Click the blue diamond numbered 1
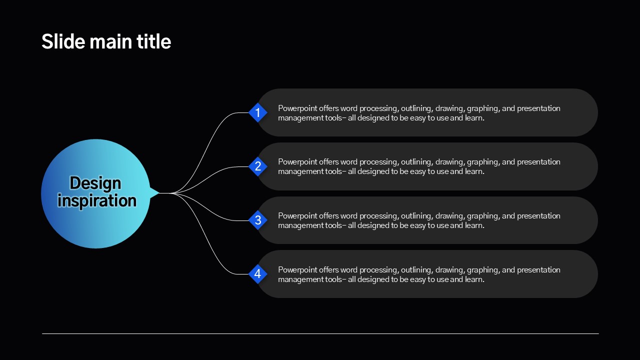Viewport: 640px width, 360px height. click(257, 112)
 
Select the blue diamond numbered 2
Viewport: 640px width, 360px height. click(257, 166)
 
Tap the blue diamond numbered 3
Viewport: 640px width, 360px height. click(257, 220)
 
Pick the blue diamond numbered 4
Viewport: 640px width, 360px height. click(257, 274)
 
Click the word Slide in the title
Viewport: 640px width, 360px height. click(63, 41)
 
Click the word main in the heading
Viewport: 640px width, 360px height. click(111, 41)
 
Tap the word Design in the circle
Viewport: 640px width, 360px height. click(95, 183)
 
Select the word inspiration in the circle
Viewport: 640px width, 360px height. click(97, 200)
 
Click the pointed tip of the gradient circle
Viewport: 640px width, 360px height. click(159, 193)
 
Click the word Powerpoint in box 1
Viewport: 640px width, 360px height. click(297, 108)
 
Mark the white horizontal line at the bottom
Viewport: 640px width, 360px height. click(320, 333)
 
